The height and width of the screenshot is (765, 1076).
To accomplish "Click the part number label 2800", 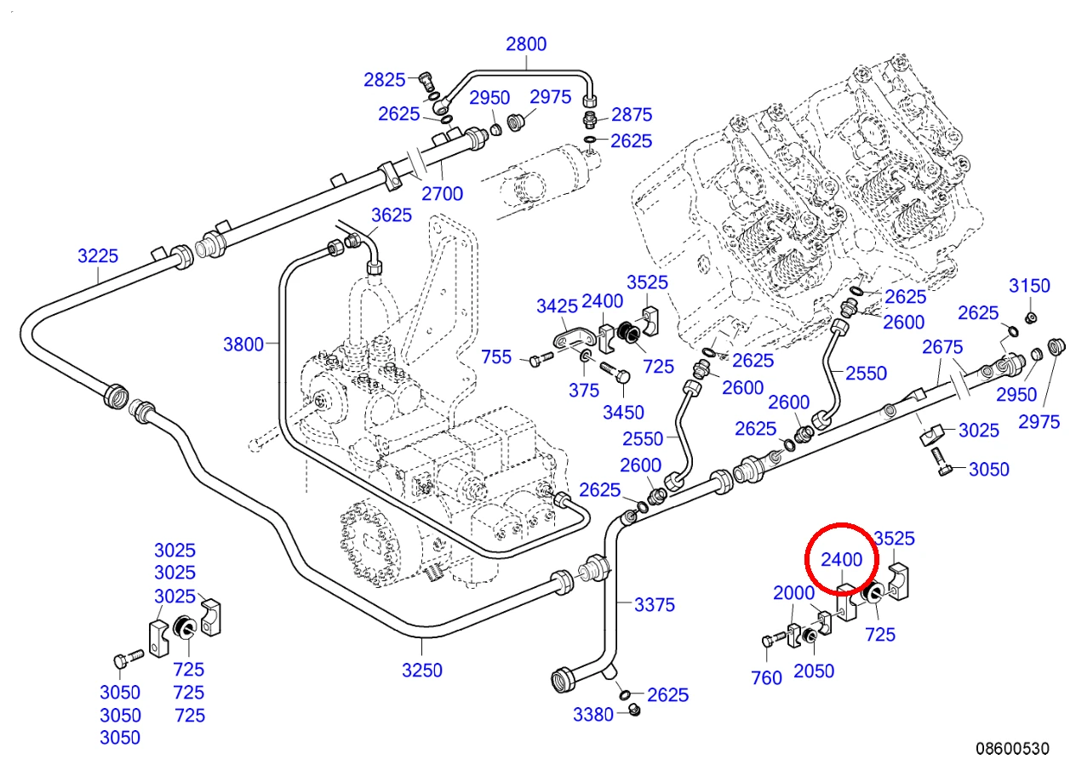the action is [x=526, y=44].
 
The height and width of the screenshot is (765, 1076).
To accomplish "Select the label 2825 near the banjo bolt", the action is [x=384, y=80].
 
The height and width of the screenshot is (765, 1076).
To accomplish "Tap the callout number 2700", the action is [x=442, y=194].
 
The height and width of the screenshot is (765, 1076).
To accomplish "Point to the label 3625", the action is [x=392, y=215].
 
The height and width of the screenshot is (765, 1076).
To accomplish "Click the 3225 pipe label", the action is [x=98, y=256].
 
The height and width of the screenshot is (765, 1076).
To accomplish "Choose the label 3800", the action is [x=243, y=345].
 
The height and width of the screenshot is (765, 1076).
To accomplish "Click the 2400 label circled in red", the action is [x=842, y=559].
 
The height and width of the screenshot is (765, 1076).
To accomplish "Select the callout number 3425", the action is [x=557, y=305].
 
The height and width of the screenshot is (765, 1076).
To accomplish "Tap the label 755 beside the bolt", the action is [x=496, y=357].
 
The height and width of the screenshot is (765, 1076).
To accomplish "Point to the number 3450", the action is [x=623, y=413].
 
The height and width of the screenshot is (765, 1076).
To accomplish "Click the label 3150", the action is [x=1029, y=286].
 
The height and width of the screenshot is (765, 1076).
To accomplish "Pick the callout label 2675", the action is [x=942, y=347].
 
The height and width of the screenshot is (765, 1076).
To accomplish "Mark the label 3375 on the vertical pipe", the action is [x=655, y=605].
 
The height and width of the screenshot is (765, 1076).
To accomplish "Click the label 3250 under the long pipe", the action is [x=421, y=671].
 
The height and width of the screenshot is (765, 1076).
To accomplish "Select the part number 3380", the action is [x=593, y=715].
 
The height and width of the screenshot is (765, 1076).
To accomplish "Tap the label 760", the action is [x=767, y=678].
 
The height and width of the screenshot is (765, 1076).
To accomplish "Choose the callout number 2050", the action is [x=814, y=671].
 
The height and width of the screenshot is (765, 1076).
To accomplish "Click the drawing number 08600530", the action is [x=1013, y=748].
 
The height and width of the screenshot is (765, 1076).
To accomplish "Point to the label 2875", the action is [x=632, y=115].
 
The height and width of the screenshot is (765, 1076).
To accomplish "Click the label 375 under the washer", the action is [x=584, y=391].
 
